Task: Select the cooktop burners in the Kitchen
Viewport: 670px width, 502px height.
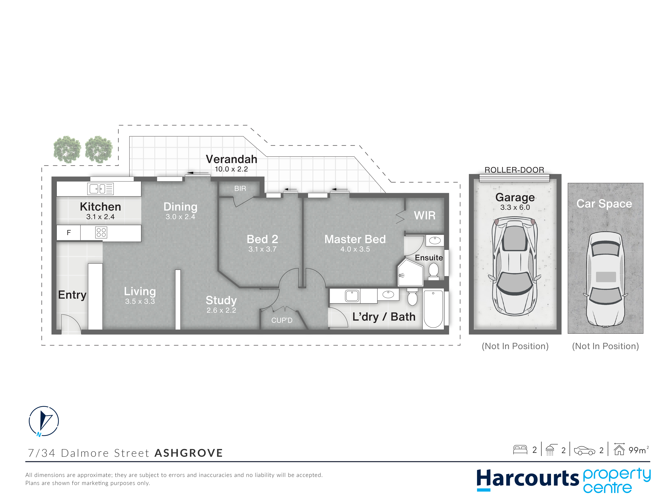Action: pos(101,232)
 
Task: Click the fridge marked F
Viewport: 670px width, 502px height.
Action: pos(69,233)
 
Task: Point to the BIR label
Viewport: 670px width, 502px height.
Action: pos(240,188)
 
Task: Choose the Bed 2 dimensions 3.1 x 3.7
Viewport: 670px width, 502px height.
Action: pos(262,249)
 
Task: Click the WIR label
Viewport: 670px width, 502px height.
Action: pos(425,215)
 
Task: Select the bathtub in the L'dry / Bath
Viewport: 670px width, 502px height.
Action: pos(433,309)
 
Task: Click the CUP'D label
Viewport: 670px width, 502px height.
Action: pos(282,320)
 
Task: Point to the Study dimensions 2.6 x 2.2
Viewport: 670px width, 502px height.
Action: pos(221,310)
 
